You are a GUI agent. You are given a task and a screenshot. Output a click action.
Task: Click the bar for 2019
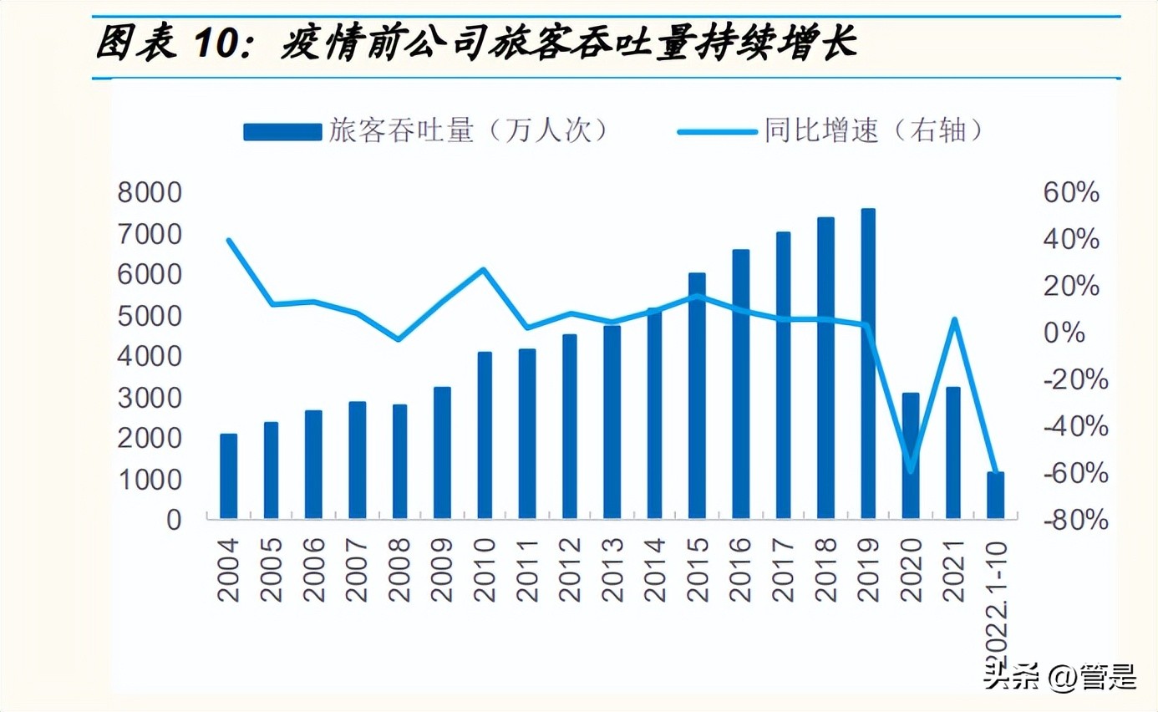[867, 364]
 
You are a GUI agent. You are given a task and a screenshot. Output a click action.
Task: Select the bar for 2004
[228, 476]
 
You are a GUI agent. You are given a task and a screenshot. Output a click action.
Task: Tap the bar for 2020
[910, 455]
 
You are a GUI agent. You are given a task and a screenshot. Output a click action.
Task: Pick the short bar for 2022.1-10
[995, 496]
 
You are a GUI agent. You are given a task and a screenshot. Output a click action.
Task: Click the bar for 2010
[485, 435]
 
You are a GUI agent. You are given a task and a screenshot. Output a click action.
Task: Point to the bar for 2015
[697, 395]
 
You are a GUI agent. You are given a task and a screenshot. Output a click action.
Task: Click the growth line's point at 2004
[228, 240]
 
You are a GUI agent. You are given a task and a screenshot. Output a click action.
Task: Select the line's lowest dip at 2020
[910, 471]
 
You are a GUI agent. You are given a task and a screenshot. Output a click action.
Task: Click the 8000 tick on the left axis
[150, 193]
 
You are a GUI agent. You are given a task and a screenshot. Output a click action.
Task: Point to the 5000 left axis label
[150, 316]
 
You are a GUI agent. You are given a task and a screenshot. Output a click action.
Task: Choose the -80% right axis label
[1073, 520]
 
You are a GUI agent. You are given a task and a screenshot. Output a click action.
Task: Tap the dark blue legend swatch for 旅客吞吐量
[282, 131]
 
